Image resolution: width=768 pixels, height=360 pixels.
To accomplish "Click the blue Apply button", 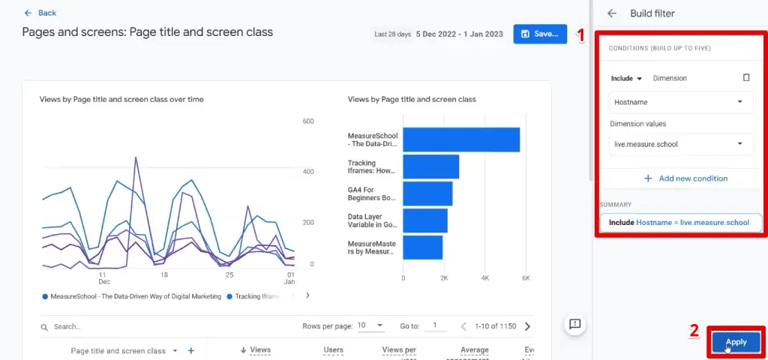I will pyautogui.click(x=736, y=342).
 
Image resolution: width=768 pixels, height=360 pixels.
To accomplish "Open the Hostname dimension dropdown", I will pyautogui.click(x=679, y=102).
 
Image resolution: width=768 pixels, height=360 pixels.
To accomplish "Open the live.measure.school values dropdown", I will pyautogui.click(x=679, y=144).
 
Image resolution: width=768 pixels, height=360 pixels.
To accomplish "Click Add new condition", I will pyautogui.click(x=685, y=178).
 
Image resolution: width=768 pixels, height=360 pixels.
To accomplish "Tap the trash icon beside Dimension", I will pyautogui.click(x=745, y=77).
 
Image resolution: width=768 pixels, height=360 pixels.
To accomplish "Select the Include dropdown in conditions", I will pyautogui.click(x=626, y=78).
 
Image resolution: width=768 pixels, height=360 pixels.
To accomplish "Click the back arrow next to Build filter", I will pyautogui.click(x=612, y=13).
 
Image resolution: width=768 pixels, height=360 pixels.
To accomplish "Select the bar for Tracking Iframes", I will pyautogui.click(x=430, y=166).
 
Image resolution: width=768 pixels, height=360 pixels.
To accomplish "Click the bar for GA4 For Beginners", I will pyautogui.click(x=427, y=193).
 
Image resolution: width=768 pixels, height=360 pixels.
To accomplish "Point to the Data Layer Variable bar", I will pyautogui.click(x=425, y=220).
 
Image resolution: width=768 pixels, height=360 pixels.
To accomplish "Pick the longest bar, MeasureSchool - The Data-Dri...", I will pyautogui.click(x=461, y=139).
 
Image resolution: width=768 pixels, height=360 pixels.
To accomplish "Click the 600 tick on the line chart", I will pyautogui.click(x=307, y=121).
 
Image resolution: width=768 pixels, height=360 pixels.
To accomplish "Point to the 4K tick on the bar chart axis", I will pyautogui.click(x=484, y=278).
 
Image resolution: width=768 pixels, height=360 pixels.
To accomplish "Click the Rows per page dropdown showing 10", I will pyautogui.click(x=370, y=325).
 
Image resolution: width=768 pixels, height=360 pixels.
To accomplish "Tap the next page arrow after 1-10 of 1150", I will pyautogui.click(x=527, y=326).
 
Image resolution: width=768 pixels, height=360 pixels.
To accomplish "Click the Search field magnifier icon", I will pyautogui.click(x=45, y=327).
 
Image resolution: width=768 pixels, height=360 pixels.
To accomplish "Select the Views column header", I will pyautogui.click(x=255, y=350).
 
